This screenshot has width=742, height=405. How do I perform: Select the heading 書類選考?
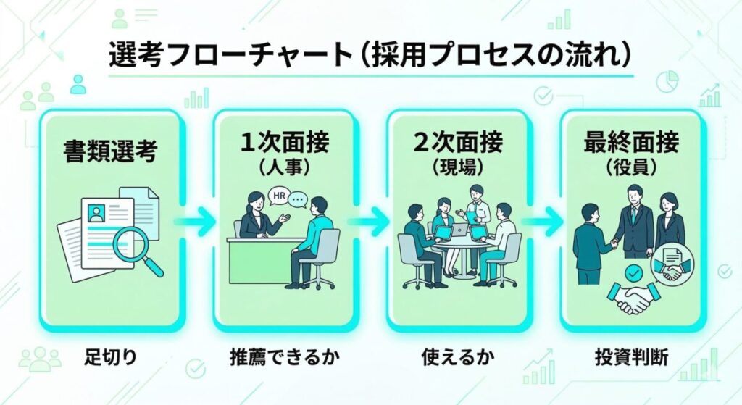tap(109, 151)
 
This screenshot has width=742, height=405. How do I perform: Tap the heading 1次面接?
tap(283, 141)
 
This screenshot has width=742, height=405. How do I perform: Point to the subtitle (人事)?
tap(283, 168)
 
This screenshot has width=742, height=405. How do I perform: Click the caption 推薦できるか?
tap(283, 358)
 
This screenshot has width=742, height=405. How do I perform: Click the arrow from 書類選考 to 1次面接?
tap(196, 221)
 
